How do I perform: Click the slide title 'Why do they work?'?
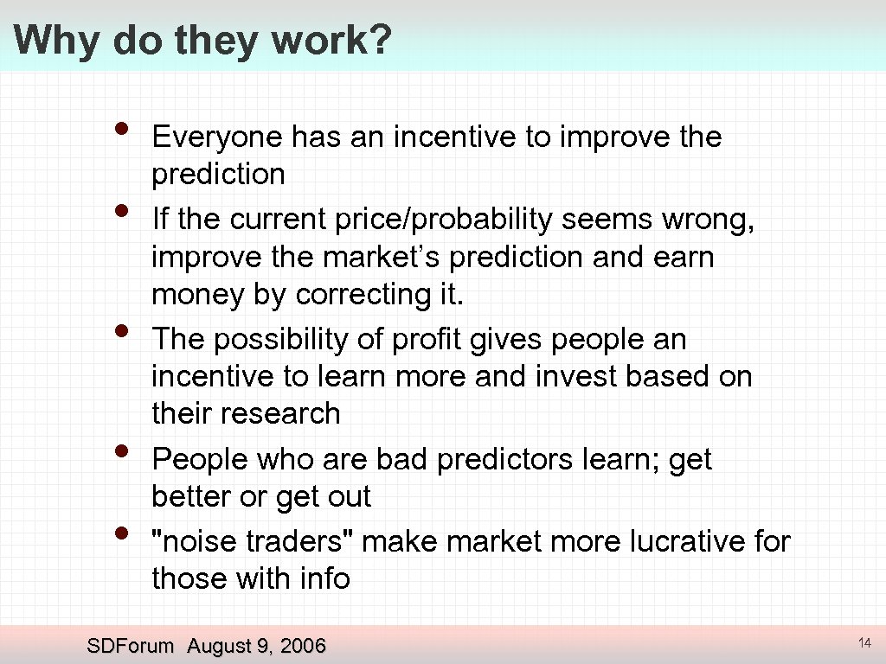click(x=202, y=41)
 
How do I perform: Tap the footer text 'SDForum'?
click(x=131, y=646)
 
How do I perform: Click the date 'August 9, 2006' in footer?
click(x=256, y=646)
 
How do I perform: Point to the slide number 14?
click(x=864, y=643)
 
